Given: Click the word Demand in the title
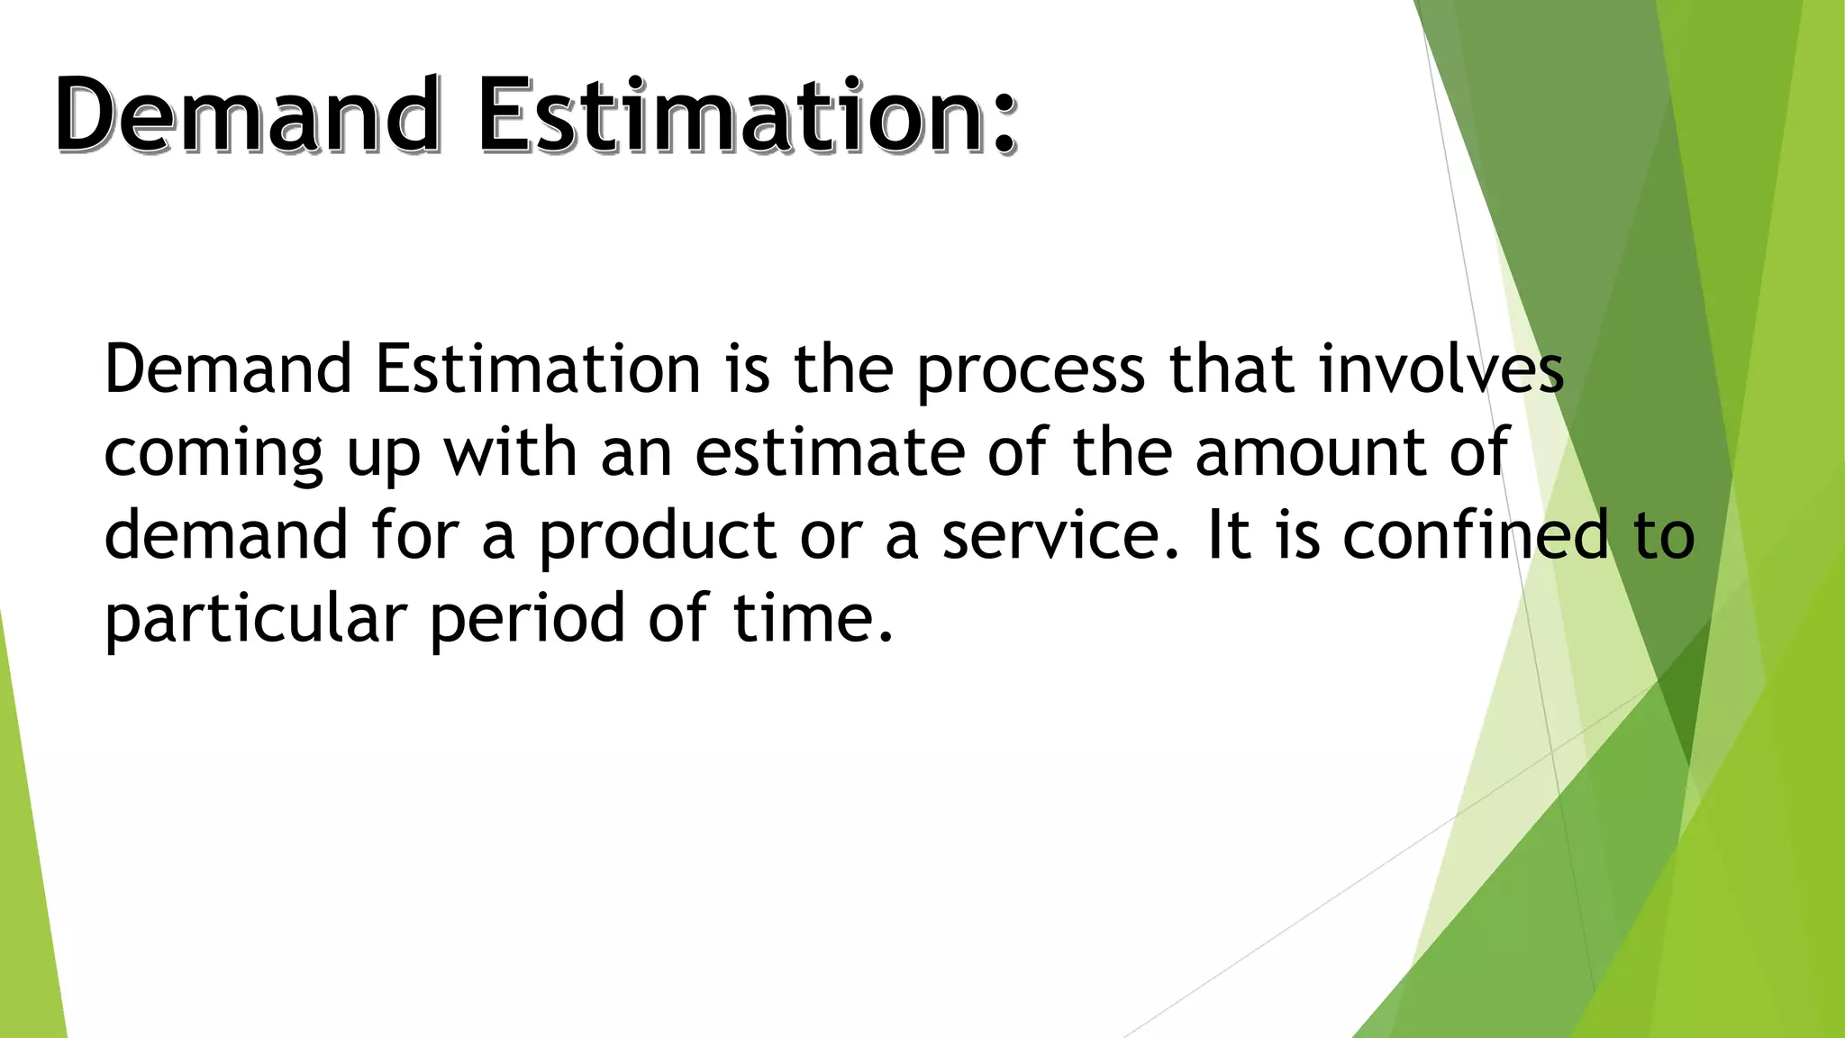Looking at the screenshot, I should (248, 114).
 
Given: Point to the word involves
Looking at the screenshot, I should (1441, 369).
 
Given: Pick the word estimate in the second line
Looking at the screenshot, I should (830, 452).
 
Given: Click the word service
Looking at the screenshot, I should (1059, 535).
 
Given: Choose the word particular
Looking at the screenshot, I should (256, 620).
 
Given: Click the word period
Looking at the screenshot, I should (526, 620).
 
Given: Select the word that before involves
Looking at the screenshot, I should (1232, 369).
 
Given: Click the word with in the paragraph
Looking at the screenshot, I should (510, 452).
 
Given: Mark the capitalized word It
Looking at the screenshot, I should (1226, 535).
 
